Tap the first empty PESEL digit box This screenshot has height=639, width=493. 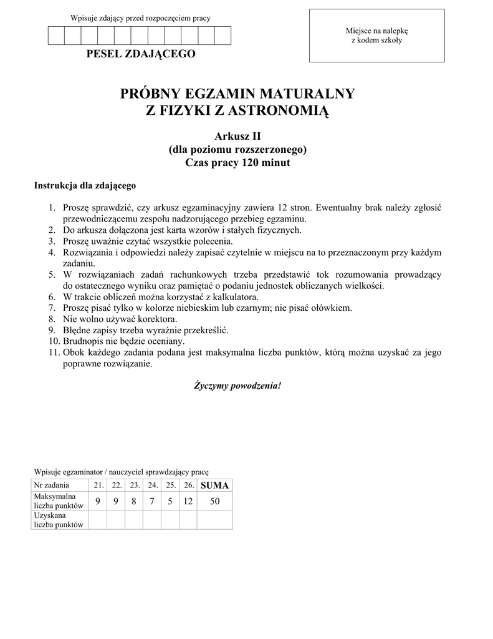click(x=56, y=36)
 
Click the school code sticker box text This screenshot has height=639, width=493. click(x=376, y=36)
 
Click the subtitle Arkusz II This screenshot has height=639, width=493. click(x=237, y=136)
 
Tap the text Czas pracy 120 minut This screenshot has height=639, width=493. click(x=238, y=163)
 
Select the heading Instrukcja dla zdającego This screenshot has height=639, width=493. click(x=85, y=185)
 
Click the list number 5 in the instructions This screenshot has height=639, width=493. click(x=52, y=275)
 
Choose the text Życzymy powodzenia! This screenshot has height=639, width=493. click(x=237, y=386)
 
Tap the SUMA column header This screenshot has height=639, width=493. click(x=214, y=485)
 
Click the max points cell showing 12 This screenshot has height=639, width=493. click(x=188, y=500)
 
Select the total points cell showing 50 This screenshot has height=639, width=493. click(x=214, y=500)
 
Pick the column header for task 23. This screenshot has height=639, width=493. click(x=134, y=485)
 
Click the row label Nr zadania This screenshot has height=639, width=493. click(x=52, y=485)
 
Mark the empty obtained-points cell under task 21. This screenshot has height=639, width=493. click(x=98, y=520)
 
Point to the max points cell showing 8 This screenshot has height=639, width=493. click(x=134, y=500)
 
